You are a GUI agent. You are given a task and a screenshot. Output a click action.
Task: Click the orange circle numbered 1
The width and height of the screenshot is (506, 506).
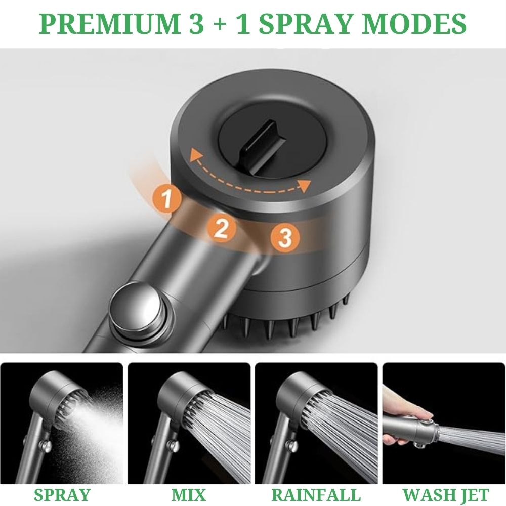[167, 199]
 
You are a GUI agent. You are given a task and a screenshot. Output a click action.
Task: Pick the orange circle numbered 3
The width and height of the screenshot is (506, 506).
[285, 238]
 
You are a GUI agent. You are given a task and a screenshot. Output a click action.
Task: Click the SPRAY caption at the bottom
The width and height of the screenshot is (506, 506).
[62, 495]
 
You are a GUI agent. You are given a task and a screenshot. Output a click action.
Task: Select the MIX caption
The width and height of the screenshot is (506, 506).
[189, 495]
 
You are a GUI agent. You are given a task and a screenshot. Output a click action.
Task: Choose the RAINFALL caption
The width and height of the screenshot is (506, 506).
[316, 495]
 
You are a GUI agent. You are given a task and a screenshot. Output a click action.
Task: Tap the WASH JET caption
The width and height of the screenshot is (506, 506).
[446, 495]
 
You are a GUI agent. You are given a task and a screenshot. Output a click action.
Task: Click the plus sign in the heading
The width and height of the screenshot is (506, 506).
[220, 25]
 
